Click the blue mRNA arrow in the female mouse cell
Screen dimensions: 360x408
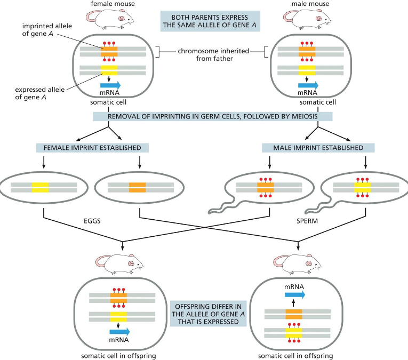coord(110,85)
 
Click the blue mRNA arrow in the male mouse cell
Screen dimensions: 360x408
coord(307,85)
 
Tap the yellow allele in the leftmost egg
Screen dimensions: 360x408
coord(40,187)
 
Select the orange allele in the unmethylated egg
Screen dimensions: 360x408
coord(137,187)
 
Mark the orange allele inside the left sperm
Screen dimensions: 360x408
coord(265,187)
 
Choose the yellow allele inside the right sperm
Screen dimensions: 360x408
coord(362,187)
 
